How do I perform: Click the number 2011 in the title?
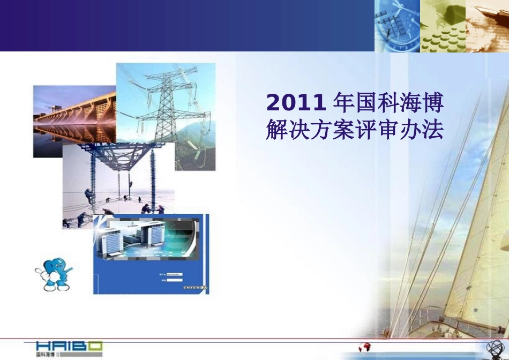point(296,102)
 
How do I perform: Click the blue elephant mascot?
point(53,274)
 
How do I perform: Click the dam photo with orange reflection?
point(74,121)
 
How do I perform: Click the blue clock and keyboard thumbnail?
point(397,26)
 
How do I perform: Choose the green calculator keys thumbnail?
point(443,26)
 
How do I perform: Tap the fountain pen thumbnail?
point(487,26)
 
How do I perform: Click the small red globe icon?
point(365,347)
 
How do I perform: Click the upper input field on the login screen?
point(174,274)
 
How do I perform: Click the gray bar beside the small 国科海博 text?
point(60,355)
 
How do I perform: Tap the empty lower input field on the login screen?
point(174,280)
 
